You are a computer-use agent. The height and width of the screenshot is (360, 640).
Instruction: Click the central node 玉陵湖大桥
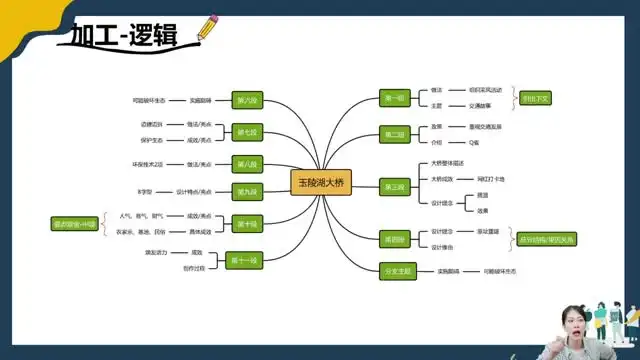[321, 184]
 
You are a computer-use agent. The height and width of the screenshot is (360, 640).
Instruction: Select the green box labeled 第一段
[394, 98]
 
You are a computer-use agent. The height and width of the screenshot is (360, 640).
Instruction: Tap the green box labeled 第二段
[394, 134]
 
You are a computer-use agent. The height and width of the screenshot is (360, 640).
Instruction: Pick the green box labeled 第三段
[394, 186]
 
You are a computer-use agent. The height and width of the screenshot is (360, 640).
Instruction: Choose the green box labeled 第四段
[394, 238]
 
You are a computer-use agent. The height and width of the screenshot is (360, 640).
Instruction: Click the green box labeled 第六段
[246, 100]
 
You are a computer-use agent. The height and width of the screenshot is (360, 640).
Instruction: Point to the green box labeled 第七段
[246, 131]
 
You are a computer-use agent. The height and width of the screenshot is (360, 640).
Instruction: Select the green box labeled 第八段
[246, 164]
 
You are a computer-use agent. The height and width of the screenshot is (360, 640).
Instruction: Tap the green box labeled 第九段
[246, 191]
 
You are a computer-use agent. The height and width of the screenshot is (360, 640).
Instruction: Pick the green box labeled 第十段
[246, 223]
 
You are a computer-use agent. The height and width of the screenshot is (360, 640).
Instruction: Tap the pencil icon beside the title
[206, 27]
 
